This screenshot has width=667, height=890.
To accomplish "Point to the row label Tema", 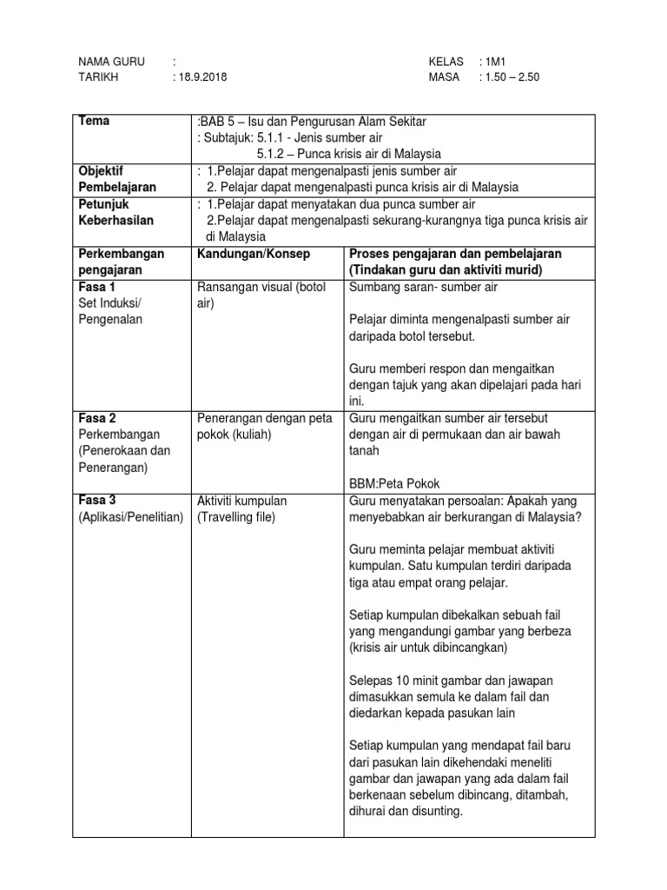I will point(94,121).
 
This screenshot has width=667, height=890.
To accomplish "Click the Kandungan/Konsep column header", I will point(254,253).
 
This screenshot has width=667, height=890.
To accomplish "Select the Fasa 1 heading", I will point(97,286).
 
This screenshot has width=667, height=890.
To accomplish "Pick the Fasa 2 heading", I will point(97,418).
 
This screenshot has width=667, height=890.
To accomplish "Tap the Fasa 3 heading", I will point(97,501).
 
